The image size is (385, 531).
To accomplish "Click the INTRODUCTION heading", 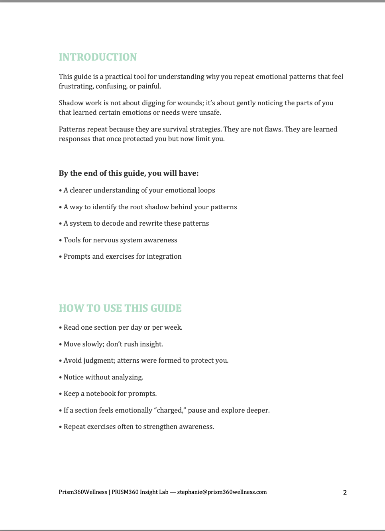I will point(98,57).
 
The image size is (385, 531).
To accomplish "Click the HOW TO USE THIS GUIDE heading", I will point(120,308).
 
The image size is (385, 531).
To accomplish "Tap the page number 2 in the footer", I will point(345,493).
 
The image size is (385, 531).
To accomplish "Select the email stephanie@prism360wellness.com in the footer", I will point(222,492).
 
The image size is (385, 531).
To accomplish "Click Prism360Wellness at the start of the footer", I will point(83,492).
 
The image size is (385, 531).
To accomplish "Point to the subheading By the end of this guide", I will point(128,173).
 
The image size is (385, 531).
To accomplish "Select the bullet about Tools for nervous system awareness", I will point(120,240).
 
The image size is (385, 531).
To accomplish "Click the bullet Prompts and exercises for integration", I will point(122,256).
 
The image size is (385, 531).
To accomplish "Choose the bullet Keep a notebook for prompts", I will point(110,393).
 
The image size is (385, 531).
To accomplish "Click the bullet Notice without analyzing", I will point(103,377).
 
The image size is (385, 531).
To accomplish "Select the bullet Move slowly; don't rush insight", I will point(113,344).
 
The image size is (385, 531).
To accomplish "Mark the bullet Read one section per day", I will point(123,327).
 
